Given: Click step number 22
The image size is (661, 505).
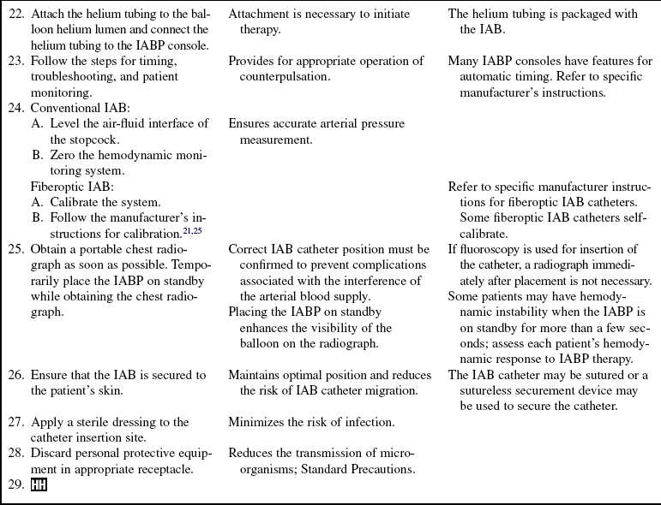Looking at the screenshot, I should pos(16,14).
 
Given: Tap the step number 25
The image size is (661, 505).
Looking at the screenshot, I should pos(16,249).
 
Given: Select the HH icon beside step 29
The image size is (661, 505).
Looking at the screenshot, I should pos(39,485).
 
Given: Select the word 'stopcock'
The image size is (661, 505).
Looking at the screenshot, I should pos(94,139).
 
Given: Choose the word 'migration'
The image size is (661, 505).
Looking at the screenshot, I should pos(391,390).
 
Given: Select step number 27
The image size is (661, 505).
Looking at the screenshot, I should pos(16,422).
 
